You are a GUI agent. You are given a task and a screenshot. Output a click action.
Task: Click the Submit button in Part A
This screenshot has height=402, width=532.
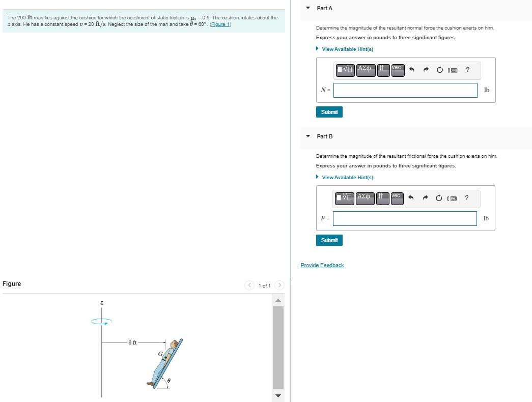tap(329, 112)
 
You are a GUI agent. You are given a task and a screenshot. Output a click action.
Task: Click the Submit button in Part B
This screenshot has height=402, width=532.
tap(329, 240)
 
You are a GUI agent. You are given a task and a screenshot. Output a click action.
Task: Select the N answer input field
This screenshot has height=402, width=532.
tap(405, 90)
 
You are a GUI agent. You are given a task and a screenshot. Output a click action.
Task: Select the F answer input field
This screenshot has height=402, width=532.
tap(405, 218)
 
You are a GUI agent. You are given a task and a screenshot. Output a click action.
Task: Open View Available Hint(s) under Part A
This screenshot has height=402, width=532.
tap(347, 49)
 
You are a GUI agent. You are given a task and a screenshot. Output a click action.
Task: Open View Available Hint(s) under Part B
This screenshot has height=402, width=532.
tap(347, 177)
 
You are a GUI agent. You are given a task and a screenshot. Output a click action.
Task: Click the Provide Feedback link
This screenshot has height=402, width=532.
tap(322, 265)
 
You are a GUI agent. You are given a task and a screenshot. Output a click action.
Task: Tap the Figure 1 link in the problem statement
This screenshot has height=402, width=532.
tap(221, 24)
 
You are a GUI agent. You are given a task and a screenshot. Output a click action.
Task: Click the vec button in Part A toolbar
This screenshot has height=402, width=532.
tap(397, 68)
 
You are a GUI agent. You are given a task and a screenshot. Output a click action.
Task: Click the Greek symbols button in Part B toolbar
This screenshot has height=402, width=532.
tap(366, 197)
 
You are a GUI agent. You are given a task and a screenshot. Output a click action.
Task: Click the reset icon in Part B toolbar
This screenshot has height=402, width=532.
tap(439, 197)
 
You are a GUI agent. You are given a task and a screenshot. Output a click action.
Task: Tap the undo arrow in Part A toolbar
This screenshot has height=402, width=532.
tap(411, 69)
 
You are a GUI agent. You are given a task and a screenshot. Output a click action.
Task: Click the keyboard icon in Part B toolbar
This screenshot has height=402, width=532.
tap(452, 197)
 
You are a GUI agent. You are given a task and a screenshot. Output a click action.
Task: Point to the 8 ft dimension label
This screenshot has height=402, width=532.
tap(132, 342)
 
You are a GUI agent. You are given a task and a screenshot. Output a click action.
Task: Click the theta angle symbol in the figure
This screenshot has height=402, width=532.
tap(169, 380)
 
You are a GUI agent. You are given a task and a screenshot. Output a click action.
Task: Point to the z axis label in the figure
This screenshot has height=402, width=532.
tap(101, 303)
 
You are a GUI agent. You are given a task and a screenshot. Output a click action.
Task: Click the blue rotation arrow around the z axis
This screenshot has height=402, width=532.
tap(101, 321)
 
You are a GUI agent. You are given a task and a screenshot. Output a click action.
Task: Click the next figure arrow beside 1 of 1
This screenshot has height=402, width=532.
tap(279, 285)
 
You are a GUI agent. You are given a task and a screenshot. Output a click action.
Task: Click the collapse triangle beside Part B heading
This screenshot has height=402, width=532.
tap(307, 136)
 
